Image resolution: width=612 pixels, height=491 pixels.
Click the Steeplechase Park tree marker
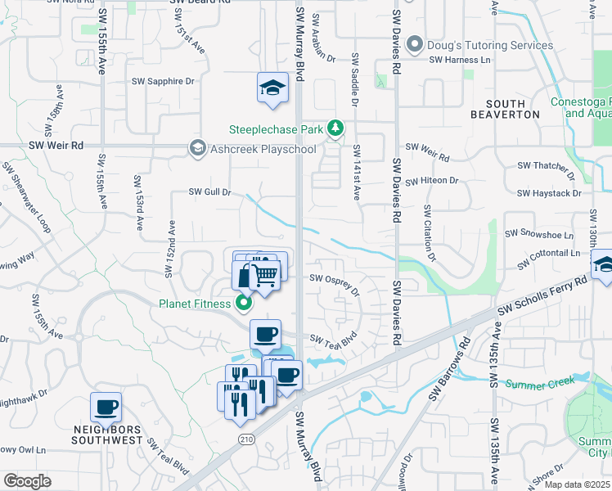click(x=335, y=128)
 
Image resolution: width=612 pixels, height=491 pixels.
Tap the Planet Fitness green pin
click(x=243, y=304)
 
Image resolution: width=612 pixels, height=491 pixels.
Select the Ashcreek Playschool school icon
click(x=197, y=148)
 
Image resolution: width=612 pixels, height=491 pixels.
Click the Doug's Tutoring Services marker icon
click(x=415, y=44)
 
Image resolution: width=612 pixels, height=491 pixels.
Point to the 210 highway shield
click(x=245, y=440)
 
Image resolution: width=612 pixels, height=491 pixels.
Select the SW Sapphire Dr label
click(x=164, y=82)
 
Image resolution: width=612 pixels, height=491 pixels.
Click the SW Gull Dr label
click(x=211, y=192)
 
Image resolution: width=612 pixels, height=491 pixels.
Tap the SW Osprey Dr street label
click(x=335, y=282)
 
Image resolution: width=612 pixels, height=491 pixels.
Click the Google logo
click(x=27, y=481)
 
